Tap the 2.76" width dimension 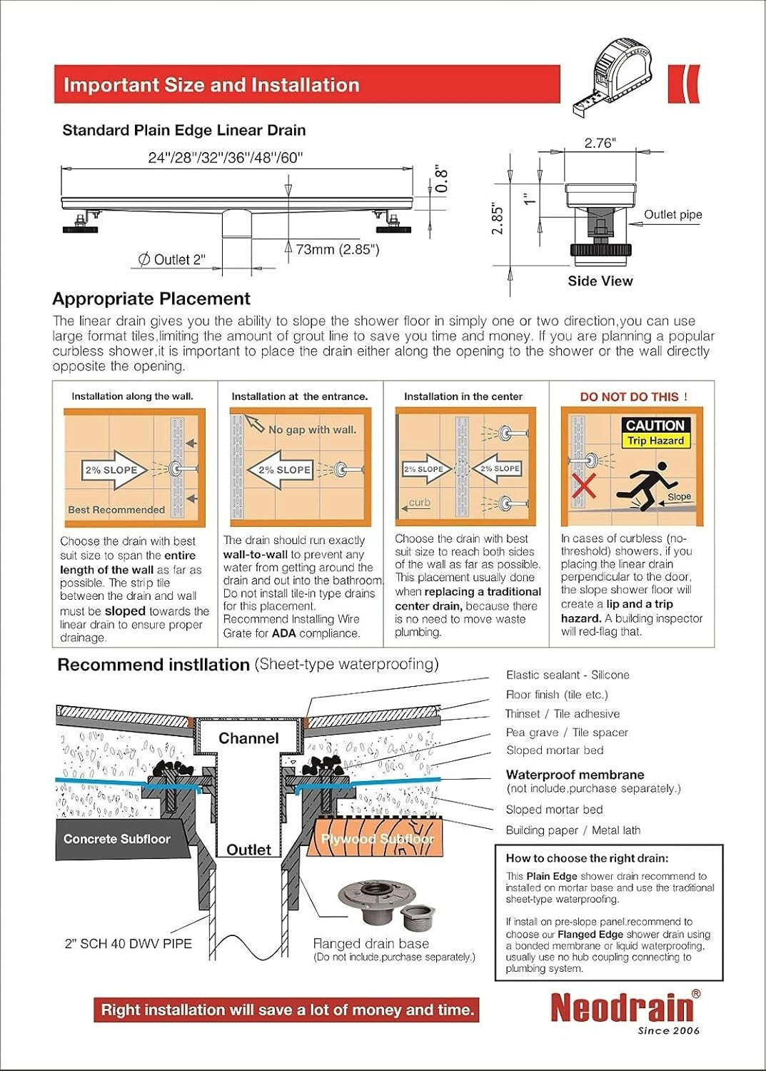600,143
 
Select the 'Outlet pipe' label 672,215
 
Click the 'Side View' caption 600,281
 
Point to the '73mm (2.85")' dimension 338,249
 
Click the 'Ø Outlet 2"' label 171,260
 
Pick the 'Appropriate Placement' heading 151,298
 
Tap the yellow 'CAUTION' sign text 655,426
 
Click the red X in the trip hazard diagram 584,487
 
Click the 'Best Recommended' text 116,510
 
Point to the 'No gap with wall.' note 312,430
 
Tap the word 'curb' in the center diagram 419,503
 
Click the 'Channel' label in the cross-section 248,738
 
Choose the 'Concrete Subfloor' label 116,839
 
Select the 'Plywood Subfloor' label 377,839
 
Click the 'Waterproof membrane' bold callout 575,775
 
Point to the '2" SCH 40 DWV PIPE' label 128,944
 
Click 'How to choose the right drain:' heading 587,858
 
